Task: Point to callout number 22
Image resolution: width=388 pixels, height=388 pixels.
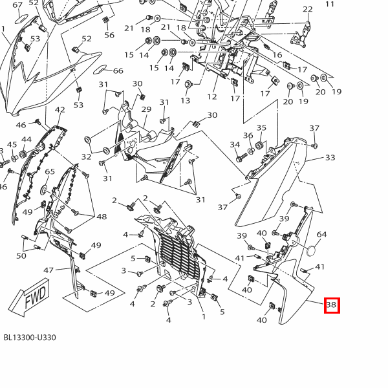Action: pyautogui.click(x=307, y=9)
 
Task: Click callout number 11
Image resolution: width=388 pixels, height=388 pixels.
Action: pyautogui.click(x=330, y=4)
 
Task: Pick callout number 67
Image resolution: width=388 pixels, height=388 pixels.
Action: pyautogui.click(x=17, y=5)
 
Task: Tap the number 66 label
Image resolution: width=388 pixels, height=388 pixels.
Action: pyautogui.click(x=118, y=71)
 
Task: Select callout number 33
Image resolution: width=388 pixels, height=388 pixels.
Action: pyautogui.click(x=330, y=157)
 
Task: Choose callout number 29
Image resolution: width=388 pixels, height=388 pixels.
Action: pyautogui.click(x=146, y=109)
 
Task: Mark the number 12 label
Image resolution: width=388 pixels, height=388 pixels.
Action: pyautogui.click(x=211, y=97)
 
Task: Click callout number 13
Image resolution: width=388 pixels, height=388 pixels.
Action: pyautogui.click(x=186, y=101)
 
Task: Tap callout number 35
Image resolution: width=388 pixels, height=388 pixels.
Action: pyautogui.click(x=261, y=128)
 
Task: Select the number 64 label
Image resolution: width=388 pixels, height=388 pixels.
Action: pyautogui.click(x=321, y=235)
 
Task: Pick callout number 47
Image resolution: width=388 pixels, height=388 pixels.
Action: pyautogui.click(x=48, y=270)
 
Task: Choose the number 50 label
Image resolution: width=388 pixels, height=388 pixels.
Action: pyautogui.click(x=21, y=256)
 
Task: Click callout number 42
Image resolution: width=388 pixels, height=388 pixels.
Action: pyautogui.click(x=60, y=111)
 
